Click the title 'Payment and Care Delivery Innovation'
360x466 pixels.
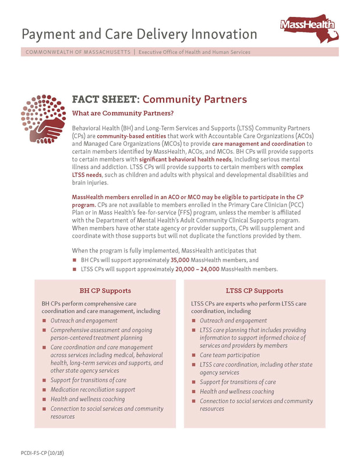pos(139,34)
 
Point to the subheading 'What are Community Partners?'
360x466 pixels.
pos(122,112)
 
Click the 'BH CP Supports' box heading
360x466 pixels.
pos(105,290)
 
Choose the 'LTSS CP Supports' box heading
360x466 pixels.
pos(254,290)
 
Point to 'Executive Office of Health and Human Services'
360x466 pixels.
pos(195,52)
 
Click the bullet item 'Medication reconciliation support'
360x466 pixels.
pos(93,390)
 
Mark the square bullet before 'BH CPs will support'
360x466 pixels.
pos(75,260)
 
